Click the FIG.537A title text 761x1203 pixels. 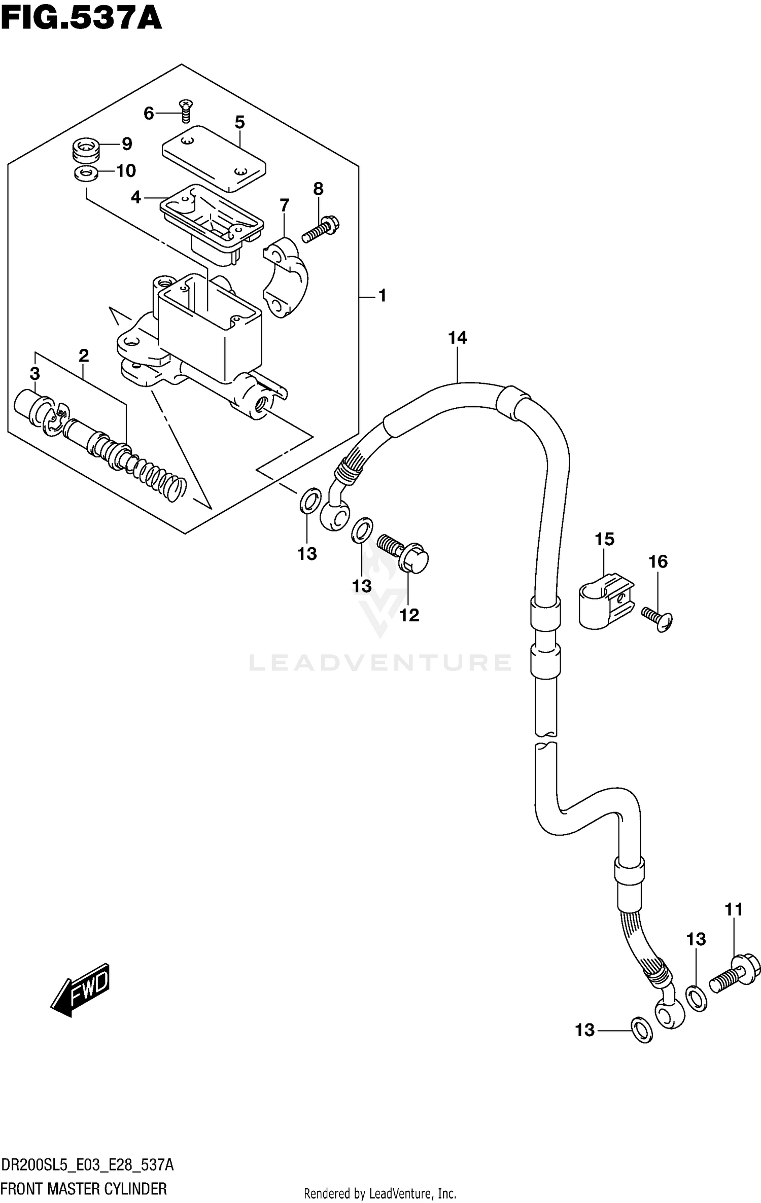click(81, 19)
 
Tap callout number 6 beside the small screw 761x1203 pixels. click(148, 113)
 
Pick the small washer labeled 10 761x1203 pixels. click(86, 173)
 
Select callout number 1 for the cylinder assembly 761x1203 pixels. click(382, 295)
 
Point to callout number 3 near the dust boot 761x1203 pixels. click(34, 374)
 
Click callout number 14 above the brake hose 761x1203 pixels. click(457, 338)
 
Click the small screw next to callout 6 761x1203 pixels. click(186, 111)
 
